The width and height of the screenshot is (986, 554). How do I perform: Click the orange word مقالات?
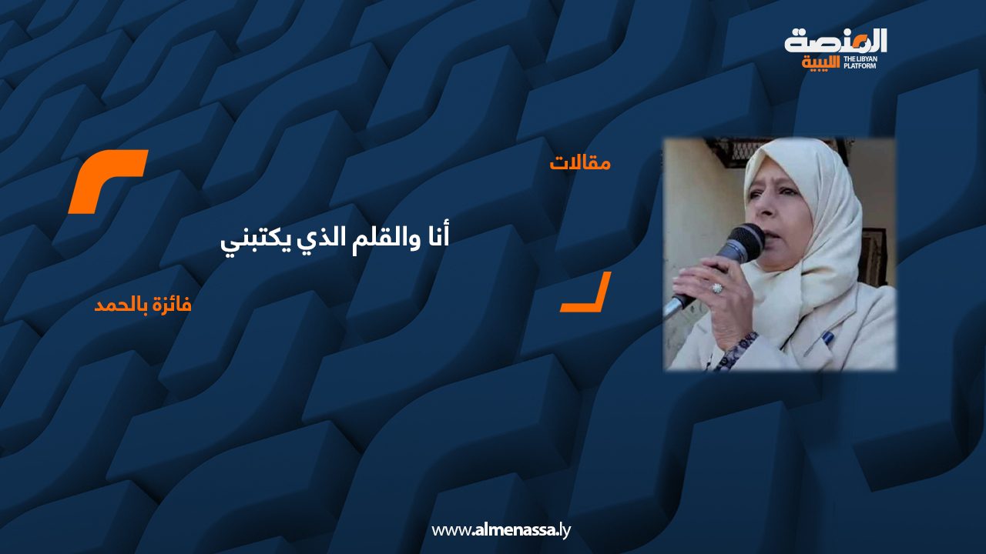click(580, 163)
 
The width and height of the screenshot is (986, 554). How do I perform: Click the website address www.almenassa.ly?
click(501, 530)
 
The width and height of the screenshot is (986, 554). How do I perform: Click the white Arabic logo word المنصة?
click(836, 42)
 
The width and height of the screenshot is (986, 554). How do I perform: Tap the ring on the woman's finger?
click(717, 289)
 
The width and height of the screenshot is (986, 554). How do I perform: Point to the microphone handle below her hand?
click(676, 305)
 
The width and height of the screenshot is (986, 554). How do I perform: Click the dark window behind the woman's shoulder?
click(874, 256)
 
